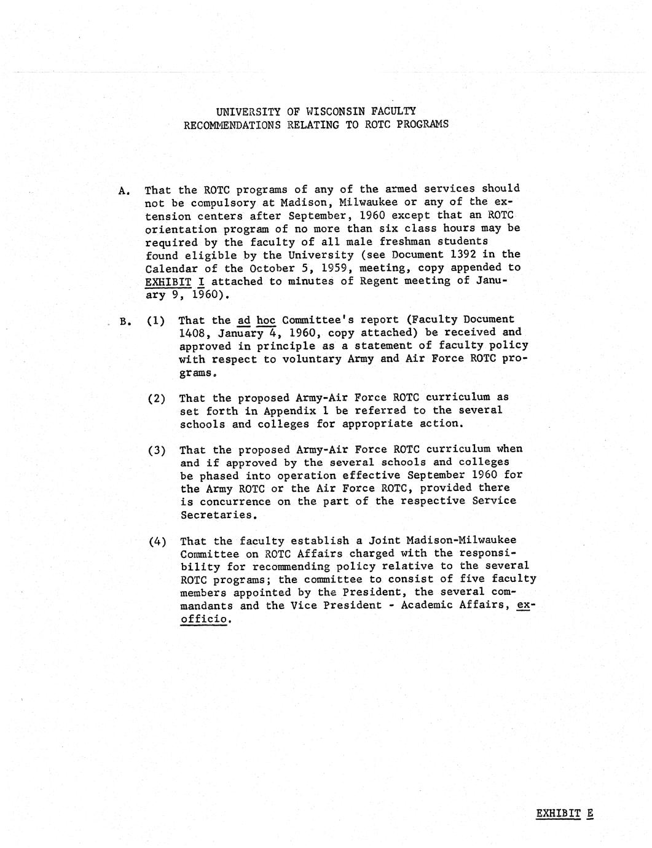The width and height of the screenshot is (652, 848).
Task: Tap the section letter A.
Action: [123, 190]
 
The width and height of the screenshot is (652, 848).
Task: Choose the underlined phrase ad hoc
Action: [256, 320]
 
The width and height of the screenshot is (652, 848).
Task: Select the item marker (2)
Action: [157, 398]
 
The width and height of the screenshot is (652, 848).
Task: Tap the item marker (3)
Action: [157, 450]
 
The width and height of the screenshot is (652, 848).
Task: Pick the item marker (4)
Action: [157, 541]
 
